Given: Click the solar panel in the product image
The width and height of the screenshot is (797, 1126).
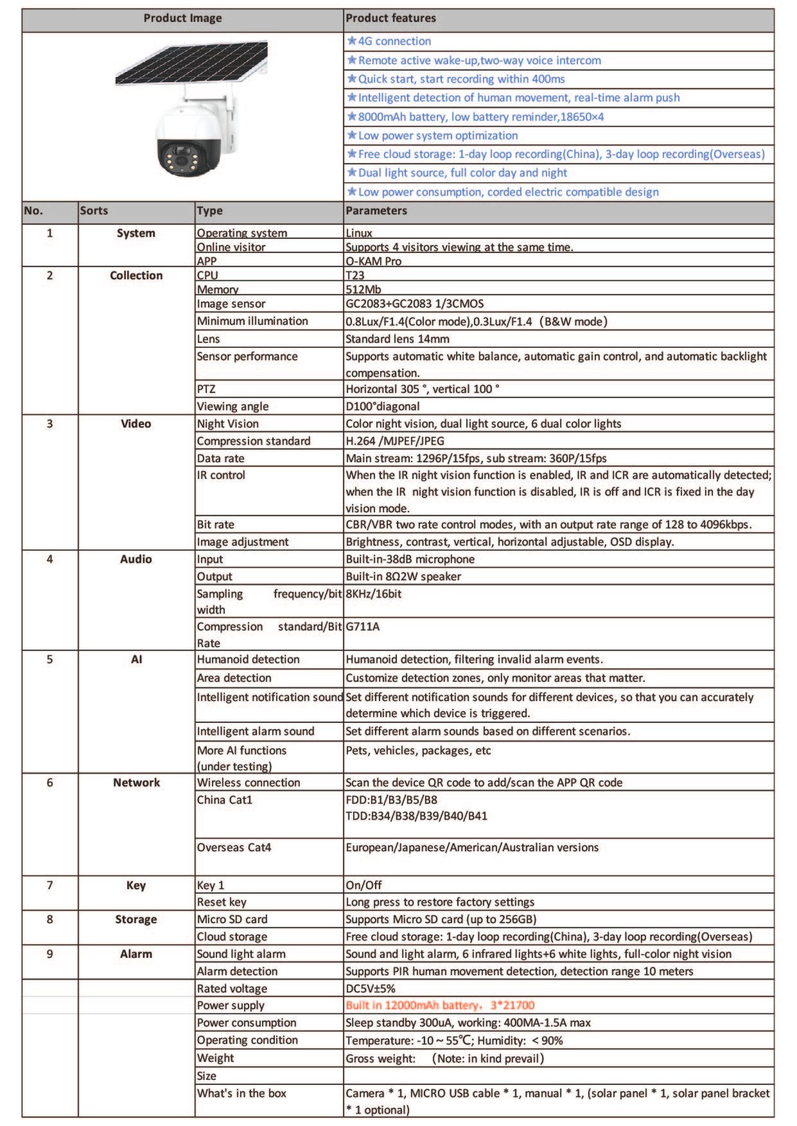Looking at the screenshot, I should pos(191,64).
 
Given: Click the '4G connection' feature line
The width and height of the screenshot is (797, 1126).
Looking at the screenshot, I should pos(394,41).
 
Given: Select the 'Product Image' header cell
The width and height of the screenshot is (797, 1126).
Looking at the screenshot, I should pos(182,18).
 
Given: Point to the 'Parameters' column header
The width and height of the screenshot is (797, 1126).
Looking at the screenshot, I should pos(376,211).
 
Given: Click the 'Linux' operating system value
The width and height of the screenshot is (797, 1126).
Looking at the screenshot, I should pos(358,233).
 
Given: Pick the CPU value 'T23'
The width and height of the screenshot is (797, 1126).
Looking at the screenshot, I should pos(355,275).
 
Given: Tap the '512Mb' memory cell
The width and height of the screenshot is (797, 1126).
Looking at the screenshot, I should pos(363,290).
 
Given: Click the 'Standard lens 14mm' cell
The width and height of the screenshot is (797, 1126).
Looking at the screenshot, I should pos(397,339).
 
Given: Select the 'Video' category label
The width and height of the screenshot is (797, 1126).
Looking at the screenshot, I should pos(136,424).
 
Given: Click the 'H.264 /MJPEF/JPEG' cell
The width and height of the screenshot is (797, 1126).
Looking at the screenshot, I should pos(394,441).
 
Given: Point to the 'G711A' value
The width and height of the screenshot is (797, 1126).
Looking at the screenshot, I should pos(362,627).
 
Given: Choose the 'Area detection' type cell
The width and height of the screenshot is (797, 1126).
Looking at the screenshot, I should pos(234,678).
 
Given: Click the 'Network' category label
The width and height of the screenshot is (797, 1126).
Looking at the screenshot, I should pos(136,783).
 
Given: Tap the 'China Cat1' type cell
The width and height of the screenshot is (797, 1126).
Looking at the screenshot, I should pos(224,800).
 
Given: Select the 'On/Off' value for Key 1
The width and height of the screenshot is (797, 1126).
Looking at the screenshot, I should pos(363,885).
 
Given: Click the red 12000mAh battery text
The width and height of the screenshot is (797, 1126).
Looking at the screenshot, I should pos(439,1005).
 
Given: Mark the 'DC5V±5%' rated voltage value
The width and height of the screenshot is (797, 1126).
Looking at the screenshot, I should pos(370,989).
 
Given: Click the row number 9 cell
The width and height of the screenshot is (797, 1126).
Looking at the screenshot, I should pos(49,954).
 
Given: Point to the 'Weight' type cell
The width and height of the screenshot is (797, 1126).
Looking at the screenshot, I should pos(215,1058).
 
